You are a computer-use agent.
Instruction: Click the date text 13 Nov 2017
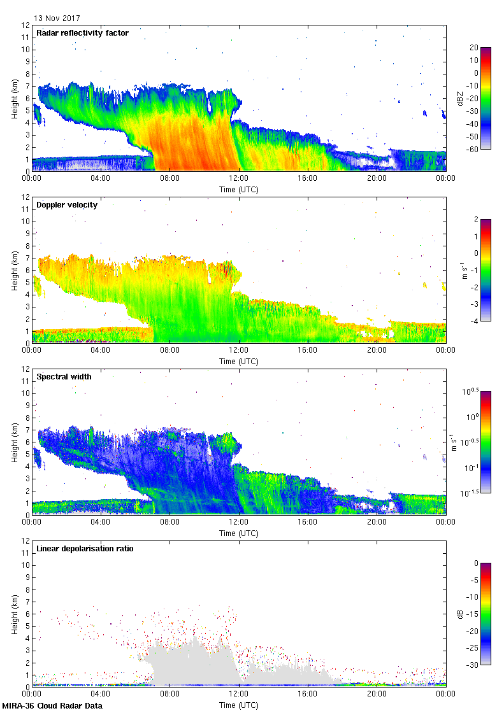pos(57,18)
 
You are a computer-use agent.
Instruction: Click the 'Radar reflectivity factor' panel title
pos(82,33)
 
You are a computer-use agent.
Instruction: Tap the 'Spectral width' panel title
pos(64,377)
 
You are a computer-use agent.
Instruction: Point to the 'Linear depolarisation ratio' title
pos(85,549)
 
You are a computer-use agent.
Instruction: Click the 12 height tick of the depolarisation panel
pos(26,540)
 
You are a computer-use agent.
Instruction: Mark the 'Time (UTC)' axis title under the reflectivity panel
pos(239,189)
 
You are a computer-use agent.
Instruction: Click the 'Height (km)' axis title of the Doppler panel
pos(14,270)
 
